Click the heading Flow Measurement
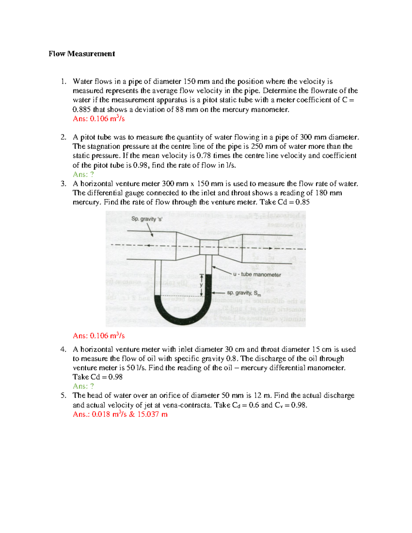pos(82,54)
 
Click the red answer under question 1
pos(99,119)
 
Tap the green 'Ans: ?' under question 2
pos(83,174)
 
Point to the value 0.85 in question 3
pos(302,202)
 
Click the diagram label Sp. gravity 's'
pos(147,219)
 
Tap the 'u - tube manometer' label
pos(257,275)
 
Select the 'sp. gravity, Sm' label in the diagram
pos(244,293)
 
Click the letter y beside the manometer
pos(201,285)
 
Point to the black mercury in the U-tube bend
pos(181,314)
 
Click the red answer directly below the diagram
pos(99,336)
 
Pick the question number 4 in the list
pos(63,349)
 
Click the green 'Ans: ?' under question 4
pos(83,386)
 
